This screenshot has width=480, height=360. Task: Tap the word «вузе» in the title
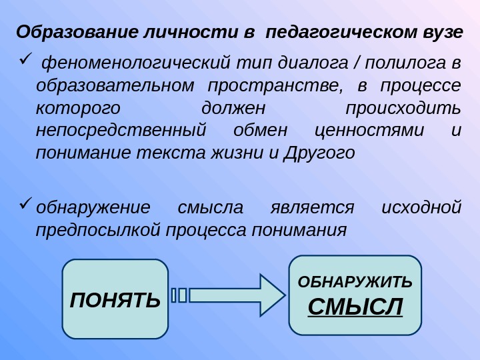(x=443, y=32)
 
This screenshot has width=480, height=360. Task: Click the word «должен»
(x=233, y=109)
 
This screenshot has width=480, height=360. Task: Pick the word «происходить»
(x=403, y=109)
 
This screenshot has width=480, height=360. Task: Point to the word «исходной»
(x=421, y=207)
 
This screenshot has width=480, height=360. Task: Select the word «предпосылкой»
(x=98, y=229)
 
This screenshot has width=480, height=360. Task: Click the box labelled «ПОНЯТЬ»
(x=115, y=299)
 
